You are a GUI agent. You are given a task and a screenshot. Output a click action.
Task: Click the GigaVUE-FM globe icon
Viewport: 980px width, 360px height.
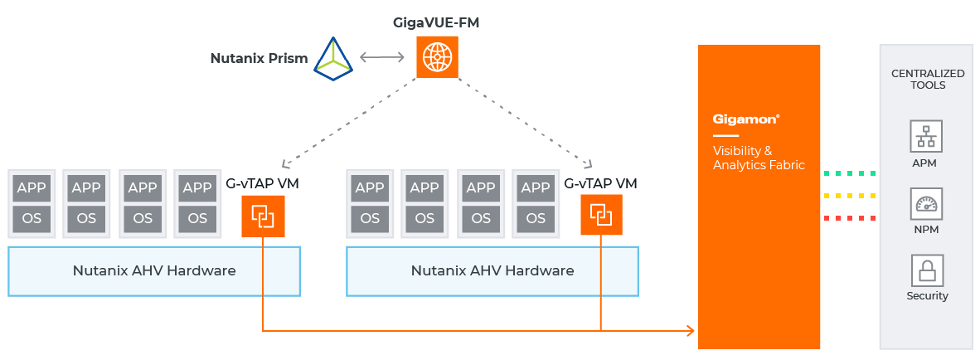click(x=436, y=58)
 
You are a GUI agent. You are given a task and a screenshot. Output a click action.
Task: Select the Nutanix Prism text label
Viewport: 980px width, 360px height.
click(x=259, y=58)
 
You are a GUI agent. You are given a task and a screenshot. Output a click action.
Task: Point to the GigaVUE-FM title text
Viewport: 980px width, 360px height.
click(x=436, y=22)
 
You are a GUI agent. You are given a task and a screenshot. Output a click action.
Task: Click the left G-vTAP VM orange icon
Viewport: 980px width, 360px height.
click(x=263, y=216)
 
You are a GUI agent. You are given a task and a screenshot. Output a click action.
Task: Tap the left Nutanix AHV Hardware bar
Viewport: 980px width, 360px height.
click(x=154, y=271)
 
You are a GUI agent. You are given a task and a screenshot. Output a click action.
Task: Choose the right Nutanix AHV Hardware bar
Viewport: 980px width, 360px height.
click(x=492, y=271)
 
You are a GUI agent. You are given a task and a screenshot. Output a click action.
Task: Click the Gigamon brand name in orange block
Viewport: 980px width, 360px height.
click(x=746, y=119)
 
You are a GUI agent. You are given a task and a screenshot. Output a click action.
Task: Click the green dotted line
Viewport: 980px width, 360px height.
click(x=850, y=174)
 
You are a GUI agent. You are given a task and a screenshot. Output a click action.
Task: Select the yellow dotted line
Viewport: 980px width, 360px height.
click(x=850, y=197)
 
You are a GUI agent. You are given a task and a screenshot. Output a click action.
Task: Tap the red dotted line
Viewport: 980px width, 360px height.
click(x=850, y=219)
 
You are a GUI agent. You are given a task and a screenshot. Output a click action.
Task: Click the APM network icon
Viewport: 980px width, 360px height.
click(x=927, y=136)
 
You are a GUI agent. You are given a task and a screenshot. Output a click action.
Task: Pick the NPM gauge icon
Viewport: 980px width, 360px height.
click(x=927, y=203)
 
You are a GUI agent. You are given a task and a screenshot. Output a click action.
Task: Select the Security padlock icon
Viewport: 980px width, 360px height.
click(x=927, y=270)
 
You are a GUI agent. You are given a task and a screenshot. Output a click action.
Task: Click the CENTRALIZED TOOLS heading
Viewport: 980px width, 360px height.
click(x=927, y=79)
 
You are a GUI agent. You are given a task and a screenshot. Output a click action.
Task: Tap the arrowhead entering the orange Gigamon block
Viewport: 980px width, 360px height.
click(x=690, y=332)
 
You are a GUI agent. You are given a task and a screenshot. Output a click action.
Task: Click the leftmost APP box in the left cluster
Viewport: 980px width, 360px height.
click(x=32, y=187)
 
